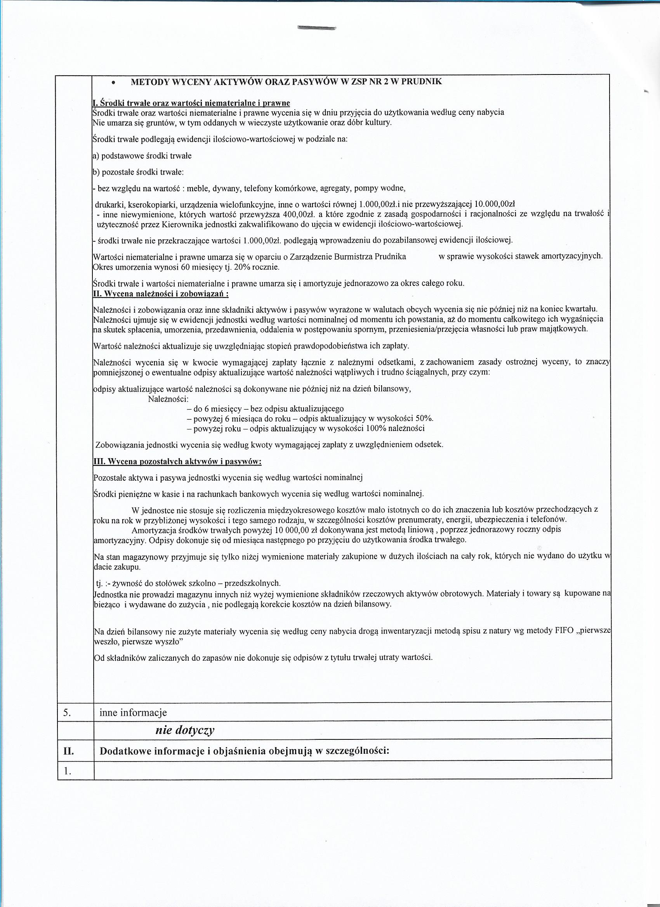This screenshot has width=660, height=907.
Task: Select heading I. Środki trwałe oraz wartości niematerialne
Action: point(191,103)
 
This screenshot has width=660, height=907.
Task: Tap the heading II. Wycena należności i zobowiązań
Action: point(160,294)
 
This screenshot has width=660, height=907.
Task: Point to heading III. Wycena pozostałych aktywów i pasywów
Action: point(177,462)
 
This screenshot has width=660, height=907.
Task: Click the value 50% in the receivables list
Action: point(424,419)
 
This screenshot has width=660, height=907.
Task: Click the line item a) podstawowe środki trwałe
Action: point(142,156)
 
